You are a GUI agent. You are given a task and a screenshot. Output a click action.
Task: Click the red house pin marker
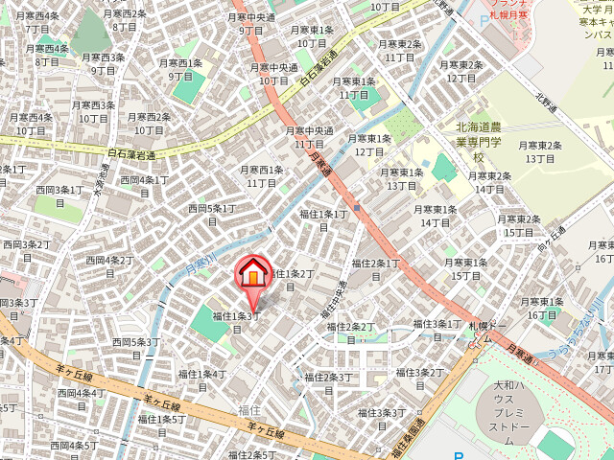coord(253,276)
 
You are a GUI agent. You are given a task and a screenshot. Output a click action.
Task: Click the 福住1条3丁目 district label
coord(236,321)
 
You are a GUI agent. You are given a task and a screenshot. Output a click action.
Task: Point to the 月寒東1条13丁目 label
coord(402,178)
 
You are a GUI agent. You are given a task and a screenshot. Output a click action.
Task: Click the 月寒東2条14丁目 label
coord(489,182)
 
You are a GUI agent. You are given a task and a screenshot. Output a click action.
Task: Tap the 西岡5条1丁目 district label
coord(210,214)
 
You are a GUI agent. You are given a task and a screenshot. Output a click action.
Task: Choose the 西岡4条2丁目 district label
coord(109,265)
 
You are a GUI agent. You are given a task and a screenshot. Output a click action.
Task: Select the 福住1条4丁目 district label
coord(201,379)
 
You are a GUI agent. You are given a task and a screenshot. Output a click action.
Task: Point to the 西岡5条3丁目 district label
coord(135,347)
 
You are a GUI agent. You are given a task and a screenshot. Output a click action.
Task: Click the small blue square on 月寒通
coord(356,207)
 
